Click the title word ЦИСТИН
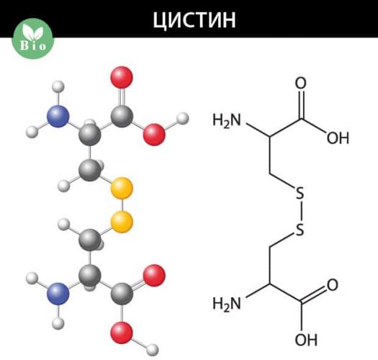click(194, 19)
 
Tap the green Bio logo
click(33, 39)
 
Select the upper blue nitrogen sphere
click(58, 116)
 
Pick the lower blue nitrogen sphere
click(58, 294)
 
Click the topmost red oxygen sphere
click(122, 78)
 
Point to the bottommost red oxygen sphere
click(122, 333)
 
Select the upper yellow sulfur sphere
click(122, 188)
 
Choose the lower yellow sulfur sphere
click(122, 222)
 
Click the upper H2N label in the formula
click(227, 120)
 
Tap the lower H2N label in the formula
click(227, 304)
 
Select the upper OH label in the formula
click(338, 138)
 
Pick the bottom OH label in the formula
click(306, 340)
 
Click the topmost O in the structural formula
click(301, 83)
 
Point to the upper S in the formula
click(300, 193)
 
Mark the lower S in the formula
click(300, 229)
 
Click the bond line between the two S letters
click(301, 211)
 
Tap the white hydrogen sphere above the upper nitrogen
click(58, 87)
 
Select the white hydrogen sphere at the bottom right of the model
click(153, 350)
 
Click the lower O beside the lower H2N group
click(333, 285)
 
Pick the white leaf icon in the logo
click(33, 32)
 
